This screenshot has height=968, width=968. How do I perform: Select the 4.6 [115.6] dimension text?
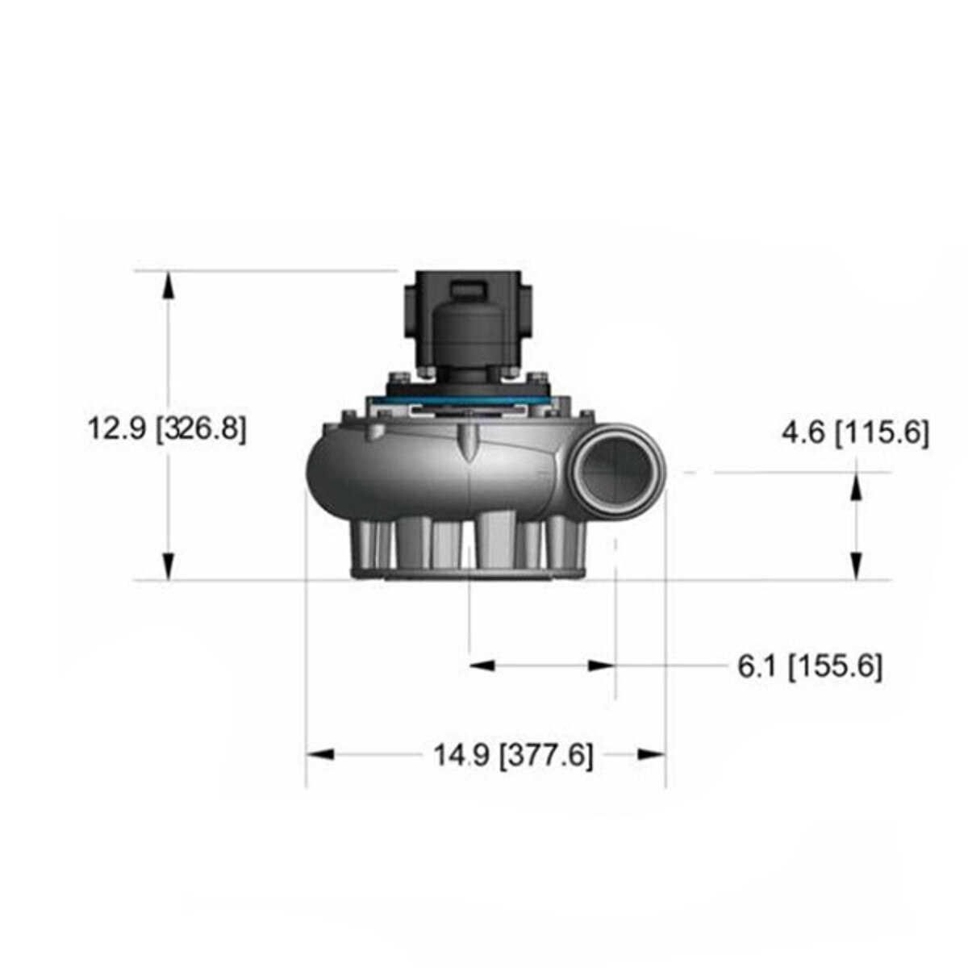point(855,432)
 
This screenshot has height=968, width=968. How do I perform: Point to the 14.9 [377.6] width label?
point(514,756)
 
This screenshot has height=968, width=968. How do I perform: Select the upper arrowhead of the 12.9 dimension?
point(168,284)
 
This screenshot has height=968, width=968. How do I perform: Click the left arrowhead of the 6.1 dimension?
point(482,665)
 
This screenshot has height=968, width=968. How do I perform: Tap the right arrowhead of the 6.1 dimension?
point(602,665)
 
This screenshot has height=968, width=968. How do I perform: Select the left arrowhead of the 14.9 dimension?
point(321,754)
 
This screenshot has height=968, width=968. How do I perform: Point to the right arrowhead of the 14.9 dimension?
point(652,754)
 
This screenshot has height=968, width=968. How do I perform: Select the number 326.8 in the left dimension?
point(200,428)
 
